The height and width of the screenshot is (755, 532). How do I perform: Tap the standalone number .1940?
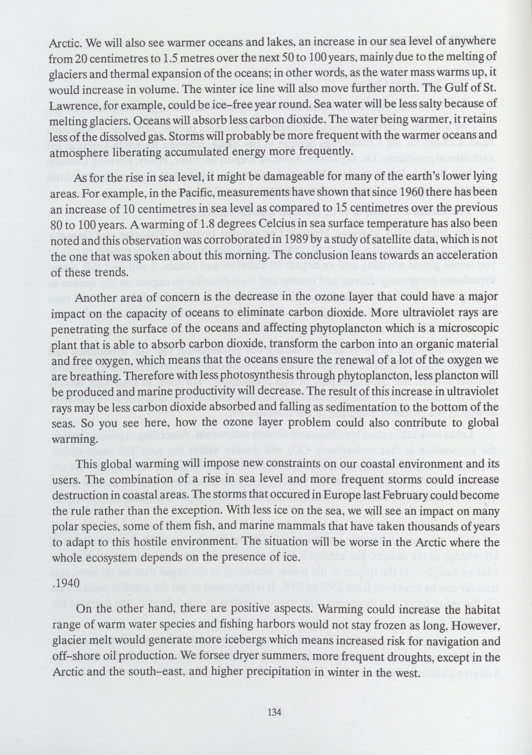[66, 581]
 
